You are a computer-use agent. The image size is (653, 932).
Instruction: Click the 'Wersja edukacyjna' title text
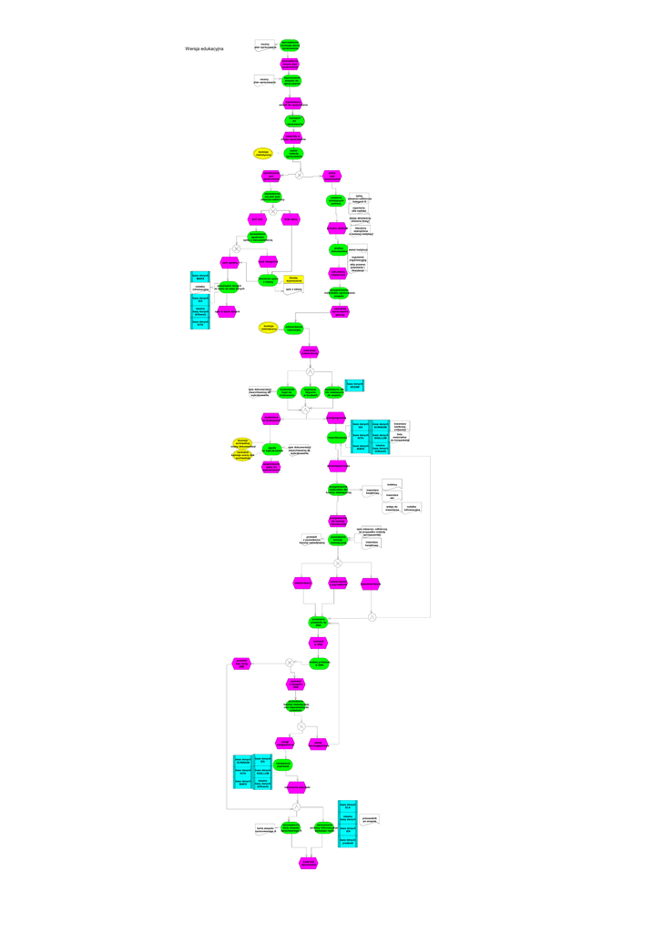pyautogui.click(x=204, y=48)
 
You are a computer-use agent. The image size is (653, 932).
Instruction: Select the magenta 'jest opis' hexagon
pyautogui.click(x=257, y=219)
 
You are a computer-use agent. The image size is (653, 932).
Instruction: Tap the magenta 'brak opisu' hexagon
pyautogui.click(x=291, y=219)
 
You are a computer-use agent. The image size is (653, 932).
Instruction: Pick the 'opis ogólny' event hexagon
pyautogui.click(x=228, y=262)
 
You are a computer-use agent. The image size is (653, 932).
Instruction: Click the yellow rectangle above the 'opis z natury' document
pyautogui.click(x=293, y=279)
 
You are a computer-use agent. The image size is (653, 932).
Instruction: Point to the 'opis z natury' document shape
pyautogui.click(x=293, y=289)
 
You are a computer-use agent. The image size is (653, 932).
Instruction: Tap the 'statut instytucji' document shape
pyautogui.click(x=357, y=248)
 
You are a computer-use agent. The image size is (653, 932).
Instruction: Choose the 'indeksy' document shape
pyautogui.click(x=392, y=484)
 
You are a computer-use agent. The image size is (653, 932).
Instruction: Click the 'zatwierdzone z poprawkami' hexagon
pyautogui.click(x=338, y=583)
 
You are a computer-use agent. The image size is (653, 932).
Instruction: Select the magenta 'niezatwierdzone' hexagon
pyautogui.click(x=370, y=583)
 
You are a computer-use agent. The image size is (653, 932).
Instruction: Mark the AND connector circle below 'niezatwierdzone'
pyautogui.click(x=372, y=618)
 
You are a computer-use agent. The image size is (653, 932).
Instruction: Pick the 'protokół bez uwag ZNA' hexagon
pyautogui.click(x=241, y=663)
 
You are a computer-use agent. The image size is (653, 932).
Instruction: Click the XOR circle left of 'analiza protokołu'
pyautogui.click(x=290, y=663)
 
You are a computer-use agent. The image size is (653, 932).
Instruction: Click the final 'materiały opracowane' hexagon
pyautogui.click(x=309, y=862)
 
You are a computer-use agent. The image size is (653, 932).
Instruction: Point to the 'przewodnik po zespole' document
pyautogui.click(x=370, y=819)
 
